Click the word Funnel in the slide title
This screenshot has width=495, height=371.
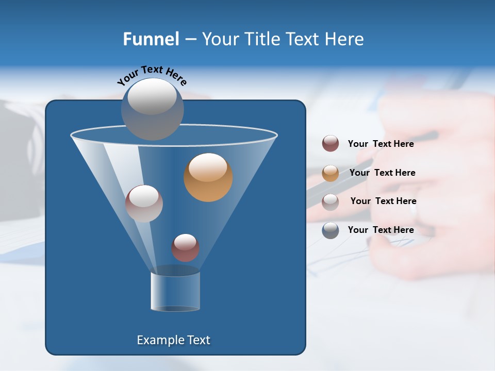pos(151,39)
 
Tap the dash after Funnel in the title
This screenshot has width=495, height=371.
pos(190,40)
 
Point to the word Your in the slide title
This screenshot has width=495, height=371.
pos(221,39)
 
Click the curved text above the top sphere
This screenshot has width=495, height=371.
pos(152,75)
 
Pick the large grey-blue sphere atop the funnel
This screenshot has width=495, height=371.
pos(152,109)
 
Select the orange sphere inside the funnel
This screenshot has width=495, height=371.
pos(208,177)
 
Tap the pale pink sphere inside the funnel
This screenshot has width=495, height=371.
pos(144,204)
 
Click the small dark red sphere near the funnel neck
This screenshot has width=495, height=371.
pos(185,248)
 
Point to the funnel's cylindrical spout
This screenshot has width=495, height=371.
pos(175,291)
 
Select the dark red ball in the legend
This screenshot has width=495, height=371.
pos(331,144)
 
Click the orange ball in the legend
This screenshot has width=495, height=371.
pos(331,173)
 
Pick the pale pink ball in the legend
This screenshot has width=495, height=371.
pos(331,202)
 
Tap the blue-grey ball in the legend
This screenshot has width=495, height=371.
pos(331,230)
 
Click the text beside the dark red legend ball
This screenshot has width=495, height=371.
pos(381,144)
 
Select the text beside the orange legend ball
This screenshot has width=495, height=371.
pos(382,173)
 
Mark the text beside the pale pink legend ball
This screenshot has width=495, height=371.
pos(383,201)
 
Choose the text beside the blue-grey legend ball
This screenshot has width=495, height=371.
pos(381,230)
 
